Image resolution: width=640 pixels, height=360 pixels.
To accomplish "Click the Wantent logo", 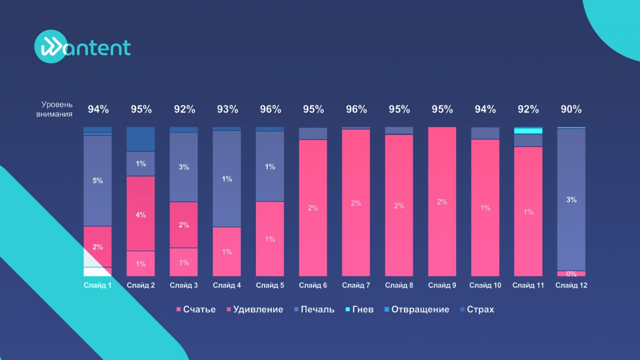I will (x=83, y=47).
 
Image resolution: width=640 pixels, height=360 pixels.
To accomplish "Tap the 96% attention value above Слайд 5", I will (x=270, y=109).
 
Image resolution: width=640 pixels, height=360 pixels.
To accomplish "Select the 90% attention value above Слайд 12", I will (x=571, y=109).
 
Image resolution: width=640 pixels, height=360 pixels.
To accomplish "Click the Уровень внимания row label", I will (x=55, y=109).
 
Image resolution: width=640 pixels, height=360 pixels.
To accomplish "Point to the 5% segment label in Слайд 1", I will (x=98, y=181).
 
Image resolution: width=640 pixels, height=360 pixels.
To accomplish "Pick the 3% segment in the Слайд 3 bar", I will (x=184, y=167).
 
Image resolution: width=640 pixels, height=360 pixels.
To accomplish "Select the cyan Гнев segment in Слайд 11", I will (x=528, y=131).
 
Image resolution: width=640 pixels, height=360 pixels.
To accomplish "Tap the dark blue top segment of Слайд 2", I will (x=140, y=139).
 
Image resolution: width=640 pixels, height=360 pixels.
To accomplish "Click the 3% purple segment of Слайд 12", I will (x=571, y=199).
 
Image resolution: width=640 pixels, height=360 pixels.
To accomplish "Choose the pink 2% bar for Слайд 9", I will (x=442, y=202).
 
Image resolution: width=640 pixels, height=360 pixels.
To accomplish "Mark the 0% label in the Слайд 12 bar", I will (x=571, y=274).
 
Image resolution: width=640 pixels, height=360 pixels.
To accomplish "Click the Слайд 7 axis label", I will (x=356, y=285).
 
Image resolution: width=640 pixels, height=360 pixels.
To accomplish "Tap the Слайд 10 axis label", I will (x=485, y=285).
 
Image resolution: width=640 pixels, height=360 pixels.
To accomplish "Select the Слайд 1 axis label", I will (x=98, y=285).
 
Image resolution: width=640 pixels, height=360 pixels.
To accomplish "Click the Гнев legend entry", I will (x=360, y=309).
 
